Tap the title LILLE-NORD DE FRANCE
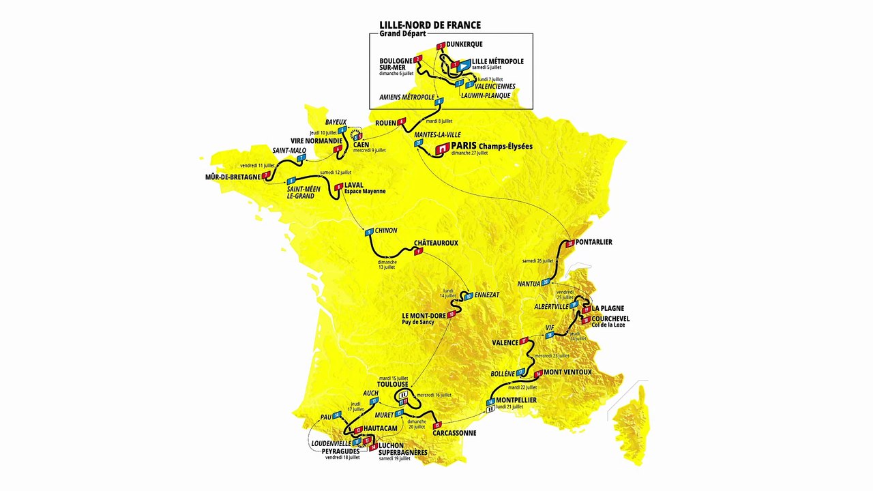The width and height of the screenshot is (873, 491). [430, 25]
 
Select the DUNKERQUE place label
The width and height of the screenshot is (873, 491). [464, 44]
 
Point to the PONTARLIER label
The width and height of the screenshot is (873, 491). [593, 242]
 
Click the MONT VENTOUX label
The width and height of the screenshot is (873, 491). [567, 372]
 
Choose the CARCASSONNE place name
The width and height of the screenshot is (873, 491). [454, 433]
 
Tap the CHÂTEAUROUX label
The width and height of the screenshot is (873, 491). [436, 243]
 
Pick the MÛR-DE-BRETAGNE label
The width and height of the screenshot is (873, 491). [233, 177]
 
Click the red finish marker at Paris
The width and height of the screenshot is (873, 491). [442, 147]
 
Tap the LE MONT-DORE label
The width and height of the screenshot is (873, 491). [424, 315]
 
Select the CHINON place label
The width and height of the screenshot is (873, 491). [386, 230]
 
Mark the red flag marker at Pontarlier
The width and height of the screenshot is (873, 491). [569, 243]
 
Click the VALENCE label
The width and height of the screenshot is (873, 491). [506, 342]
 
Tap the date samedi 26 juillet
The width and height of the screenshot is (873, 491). [537, 261]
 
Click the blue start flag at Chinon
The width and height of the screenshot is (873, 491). [369, 232]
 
